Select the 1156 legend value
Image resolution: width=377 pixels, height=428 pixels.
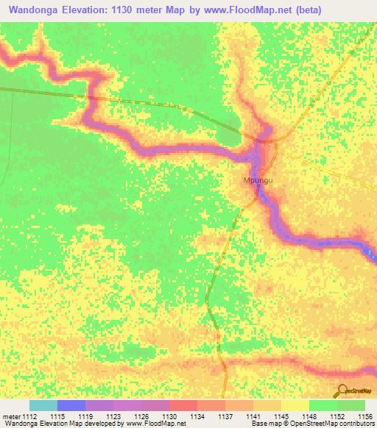364,416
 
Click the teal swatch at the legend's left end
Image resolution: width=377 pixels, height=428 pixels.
43,405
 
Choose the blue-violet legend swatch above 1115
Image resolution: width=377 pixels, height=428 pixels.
71,405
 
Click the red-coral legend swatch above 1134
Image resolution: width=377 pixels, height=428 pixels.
183,405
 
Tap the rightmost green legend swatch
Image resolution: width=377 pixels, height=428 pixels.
350,405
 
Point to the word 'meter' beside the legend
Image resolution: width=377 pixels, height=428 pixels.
12,416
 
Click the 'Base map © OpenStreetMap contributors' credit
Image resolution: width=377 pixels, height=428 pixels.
312,424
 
